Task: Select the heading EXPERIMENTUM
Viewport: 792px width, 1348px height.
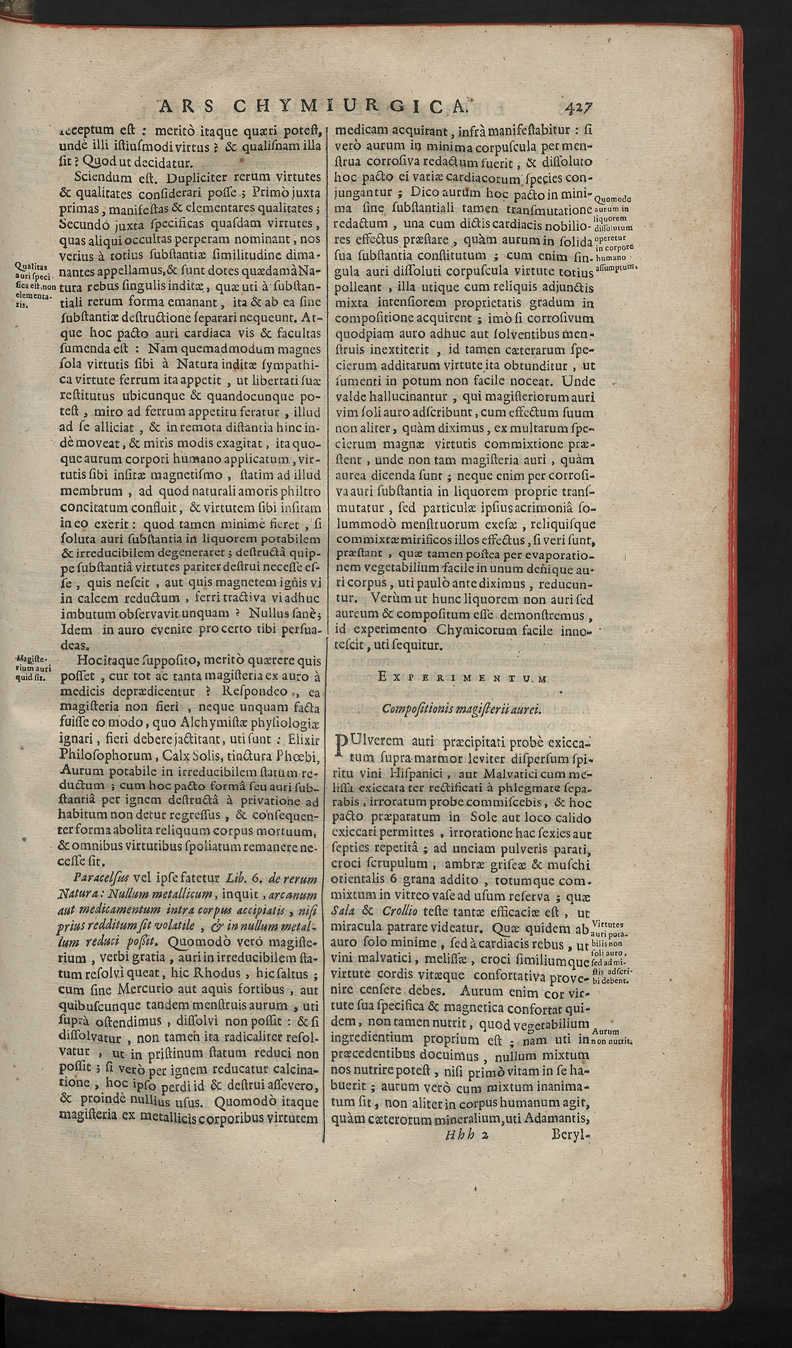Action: point(462,677)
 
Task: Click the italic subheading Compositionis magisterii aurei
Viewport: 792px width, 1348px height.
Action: point(461,709)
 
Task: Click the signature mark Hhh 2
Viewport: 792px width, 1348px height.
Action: point(467,1306)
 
